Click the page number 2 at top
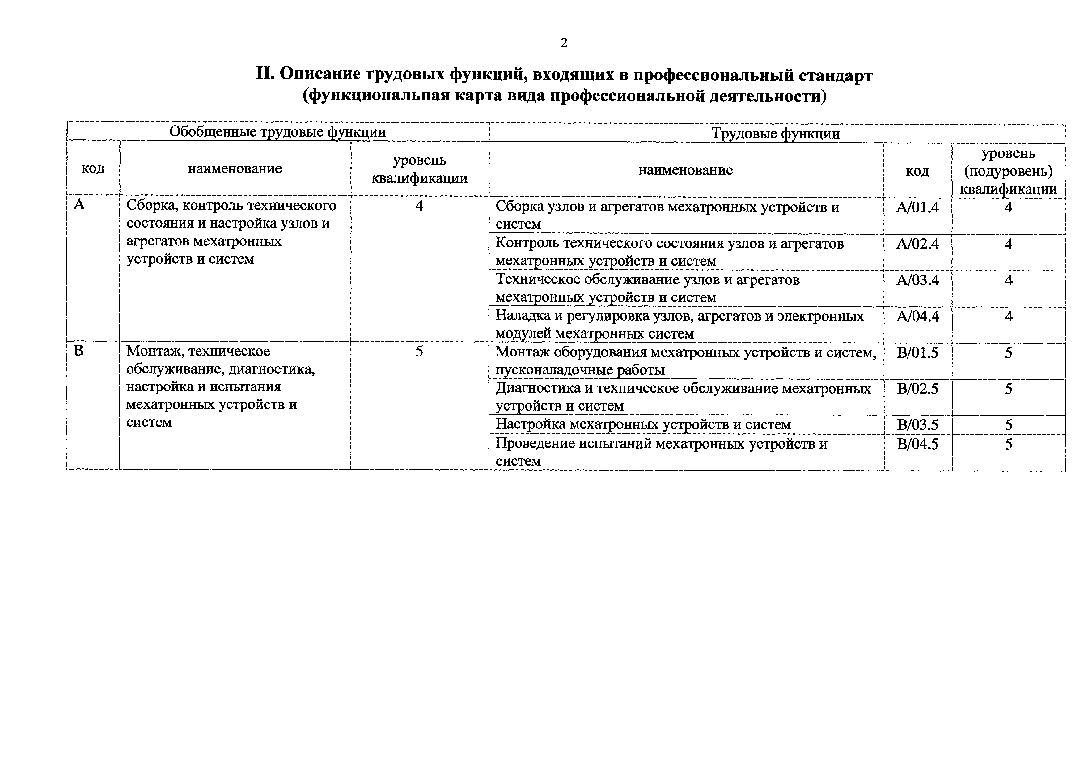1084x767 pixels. [x=564, y=43]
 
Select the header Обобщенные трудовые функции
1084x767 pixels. [x=277, y=132]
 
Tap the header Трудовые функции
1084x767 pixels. [x=776, y=134]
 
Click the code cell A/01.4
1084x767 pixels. [x=917, y=207]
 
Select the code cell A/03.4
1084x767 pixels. [x=917, y=280]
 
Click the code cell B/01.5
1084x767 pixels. [x=917, y=353]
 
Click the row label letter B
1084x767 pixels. [x=78, y=351]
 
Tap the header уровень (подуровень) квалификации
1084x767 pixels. [x=1008, y=171]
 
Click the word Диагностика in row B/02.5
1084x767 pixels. [x=538, y=388]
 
